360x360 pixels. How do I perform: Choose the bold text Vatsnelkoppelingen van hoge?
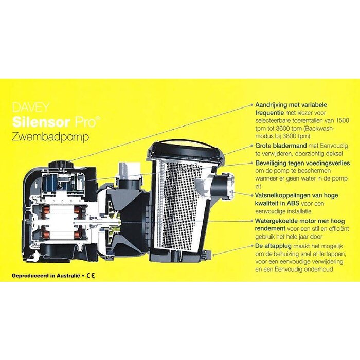pos(296,196)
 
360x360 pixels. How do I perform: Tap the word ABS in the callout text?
pos(290,203)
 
